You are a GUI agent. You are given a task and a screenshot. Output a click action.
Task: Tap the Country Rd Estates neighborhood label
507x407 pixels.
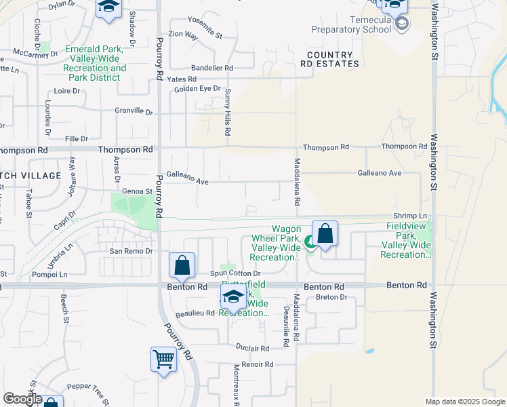click(x=331, y=59)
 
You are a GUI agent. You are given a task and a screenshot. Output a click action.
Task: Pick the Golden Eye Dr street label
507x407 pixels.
click(x=198, y=88)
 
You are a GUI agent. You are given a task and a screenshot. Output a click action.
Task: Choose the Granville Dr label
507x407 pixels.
click(x=134, y=111)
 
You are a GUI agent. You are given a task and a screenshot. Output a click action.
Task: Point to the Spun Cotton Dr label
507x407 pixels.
click(x=235, y=273)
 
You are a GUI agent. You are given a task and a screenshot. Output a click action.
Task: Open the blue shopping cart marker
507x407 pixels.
click(x=163, y=360)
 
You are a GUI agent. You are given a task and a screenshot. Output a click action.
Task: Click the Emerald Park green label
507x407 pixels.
click(x=95, y=63)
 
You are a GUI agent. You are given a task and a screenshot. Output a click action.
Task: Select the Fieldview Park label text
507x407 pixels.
click(x=406, y=240)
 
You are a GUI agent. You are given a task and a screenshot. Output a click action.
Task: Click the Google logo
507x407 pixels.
click(x=22, y=399)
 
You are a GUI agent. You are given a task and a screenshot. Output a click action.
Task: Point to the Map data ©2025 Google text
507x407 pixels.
click(x=464, y=402)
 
